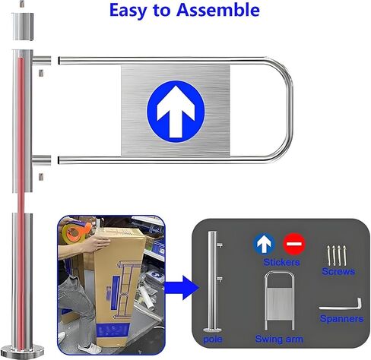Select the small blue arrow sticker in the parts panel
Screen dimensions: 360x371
click(264, 244)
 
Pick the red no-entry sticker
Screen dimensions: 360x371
click(293, 244)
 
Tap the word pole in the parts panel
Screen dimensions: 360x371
click(214, 333)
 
